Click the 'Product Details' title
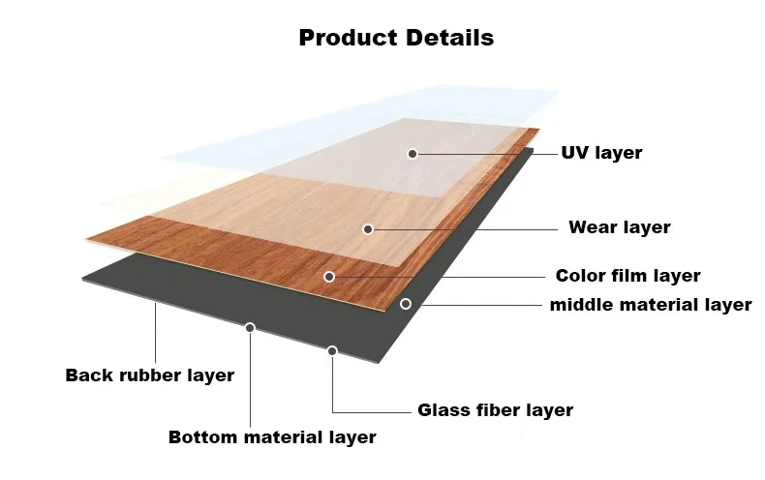(396, 38)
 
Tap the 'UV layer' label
(601, 153)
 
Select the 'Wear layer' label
(619, 228)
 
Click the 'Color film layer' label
(627, 276)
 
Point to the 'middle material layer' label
(651, 305)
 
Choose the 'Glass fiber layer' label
(495, 410)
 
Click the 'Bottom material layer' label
(272, 437)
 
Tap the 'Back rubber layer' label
(150, 375)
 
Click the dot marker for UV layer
(413, 154)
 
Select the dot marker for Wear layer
(368, 229)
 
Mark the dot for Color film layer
(329, 277)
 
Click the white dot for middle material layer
(406, 304)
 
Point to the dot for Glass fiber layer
(332, 350)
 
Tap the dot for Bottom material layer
(250, 328)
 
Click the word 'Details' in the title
(448, 38)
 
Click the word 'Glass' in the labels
(444, 410)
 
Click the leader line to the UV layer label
(484, 154)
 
